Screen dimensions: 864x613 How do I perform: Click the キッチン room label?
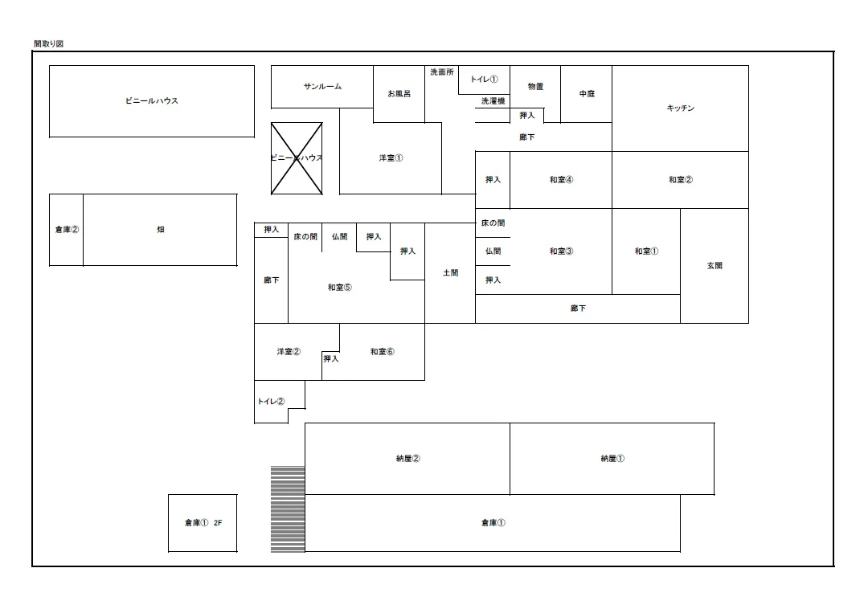click(681, 108)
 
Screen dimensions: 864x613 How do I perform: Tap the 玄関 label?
click(715, 265)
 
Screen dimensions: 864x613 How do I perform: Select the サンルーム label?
click(322, 87)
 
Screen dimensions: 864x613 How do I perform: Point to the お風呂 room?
click(399, 94)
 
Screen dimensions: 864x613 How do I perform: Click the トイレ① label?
click(484, 80)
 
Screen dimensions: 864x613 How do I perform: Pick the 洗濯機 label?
click(493, 100)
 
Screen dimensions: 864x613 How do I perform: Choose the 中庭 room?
click(586, 94)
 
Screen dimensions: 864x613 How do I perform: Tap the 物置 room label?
click(535, 87)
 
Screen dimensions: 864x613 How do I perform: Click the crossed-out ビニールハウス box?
click(297, 158)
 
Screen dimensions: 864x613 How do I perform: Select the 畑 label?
click(161, 230)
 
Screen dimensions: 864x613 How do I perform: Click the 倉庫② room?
click(66, 230)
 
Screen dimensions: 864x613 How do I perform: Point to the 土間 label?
click(450, 272)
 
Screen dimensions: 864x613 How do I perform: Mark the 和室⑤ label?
click(339, 288)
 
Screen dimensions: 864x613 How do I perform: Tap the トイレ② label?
click(271, 402)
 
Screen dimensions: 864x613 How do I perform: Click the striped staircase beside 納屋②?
click(288, 509)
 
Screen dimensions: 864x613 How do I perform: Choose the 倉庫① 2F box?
click(203, 523)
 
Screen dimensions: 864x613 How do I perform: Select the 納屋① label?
click(612, 459)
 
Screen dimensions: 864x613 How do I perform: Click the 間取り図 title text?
click(48, 44)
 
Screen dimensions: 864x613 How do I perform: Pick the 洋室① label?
click(391, 158)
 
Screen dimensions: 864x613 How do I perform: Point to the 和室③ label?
click(561, 251)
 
